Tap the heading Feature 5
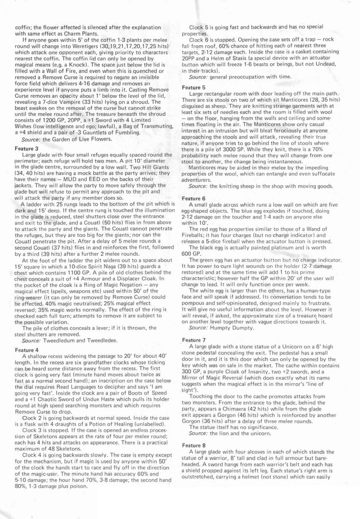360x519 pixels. click(194, 87)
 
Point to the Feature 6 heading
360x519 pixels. click(194, 198)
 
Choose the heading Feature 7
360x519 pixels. click(194, 340)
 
